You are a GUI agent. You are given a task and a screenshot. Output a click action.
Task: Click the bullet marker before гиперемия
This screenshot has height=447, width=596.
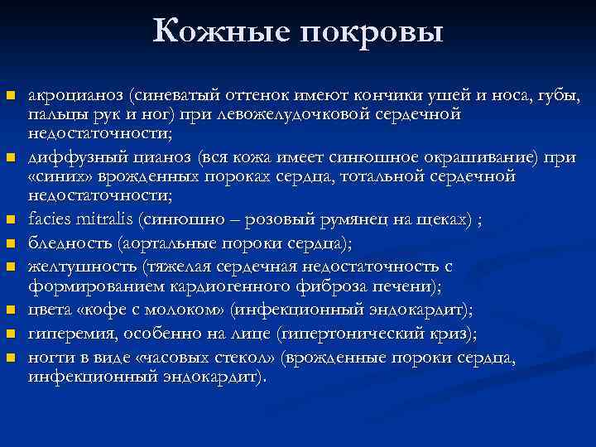(x=11, y=334)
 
